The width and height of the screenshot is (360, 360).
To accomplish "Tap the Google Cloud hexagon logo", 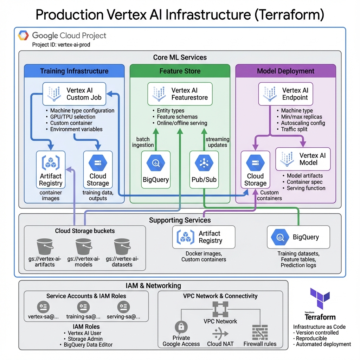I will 24,36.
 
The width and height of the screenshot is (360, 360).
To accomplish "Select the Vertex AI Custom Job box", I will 74,94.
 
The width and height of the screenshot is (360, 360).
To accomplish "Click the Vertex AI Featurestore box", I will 180,94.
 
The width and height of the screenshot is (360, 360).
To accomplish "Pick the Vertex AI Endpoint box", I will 285,94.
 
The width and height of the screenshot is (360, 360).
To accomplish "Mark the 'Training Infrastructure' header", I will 74,71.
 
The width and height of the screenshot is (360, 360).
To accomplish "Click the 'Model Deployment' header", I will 285,71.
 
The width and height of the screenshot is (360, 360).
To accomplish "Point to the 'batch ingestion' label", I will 143,142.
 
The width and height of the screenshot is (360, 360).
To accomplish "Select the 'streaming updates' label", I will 217,142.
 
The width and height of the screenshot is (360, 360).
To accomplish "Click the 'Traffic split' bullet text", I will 294,129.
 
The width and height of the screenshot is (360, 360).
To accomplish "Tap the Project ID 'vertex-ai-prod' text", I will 61,45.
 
